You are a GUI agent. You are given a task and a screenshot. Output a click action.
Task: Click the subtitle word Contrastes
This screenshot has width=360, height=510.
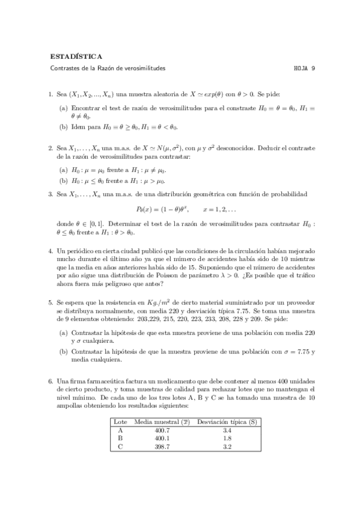[64, 69]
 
